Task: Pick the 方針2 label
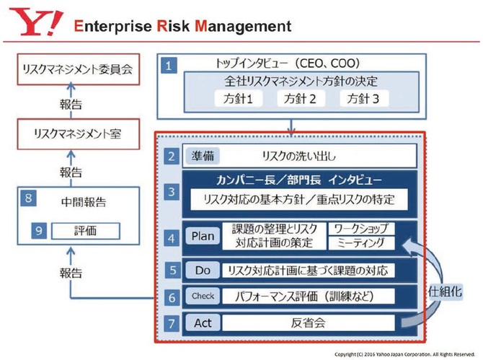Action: [300, 98]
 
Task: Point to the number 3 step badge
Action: [170, 193]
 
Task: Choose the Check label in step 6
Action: [203, 296]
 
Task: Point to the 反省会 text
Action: [309, 322]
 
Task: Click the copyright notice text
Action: [405, 354]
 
